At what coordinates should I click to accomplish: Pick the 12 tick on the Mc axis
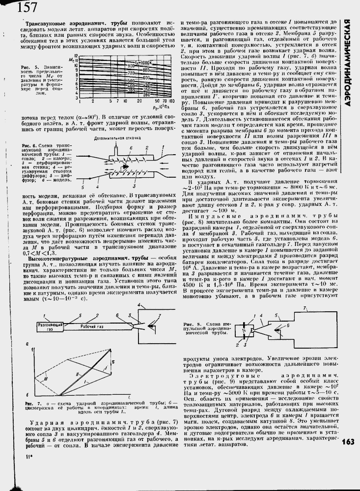(x=76, y=56)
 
